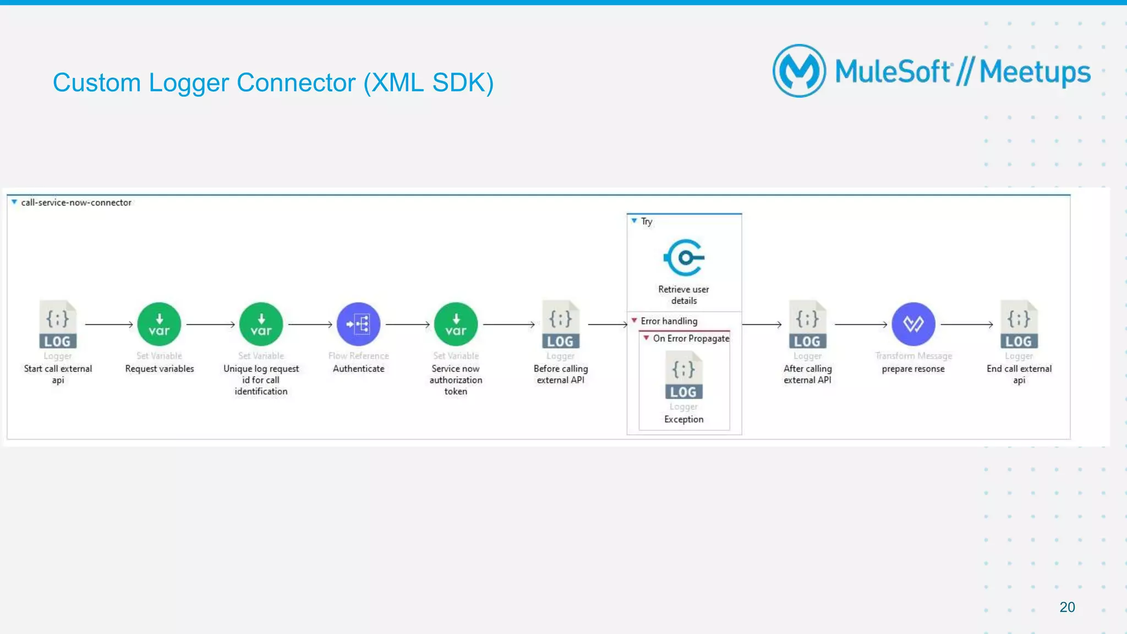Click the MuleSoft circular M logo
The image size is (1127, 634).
[799, 71]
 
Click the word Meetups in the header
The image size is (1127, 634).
[1035, 73]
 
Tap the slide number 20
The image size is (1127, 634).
[1066, 607]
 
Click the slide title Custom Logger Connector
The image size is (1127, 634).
[273, 83]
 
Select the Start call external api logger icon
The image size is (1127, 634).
[58, 324]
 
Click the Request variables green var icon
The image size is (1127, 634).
[159, 324]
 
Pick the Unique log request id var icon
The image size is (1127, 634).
[261, 324]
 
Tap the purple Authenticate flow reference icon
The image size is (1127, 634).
[358, 324]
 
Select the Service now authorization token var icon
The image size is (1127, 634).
[456, 324]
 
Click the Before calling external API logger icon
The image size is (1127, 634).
[560, 324]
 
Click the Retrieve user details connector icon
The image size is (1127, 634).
[683, 257]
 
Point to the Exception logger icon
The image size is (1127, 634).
[683, 376]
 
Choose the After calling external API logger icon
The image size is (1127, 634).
[807, 324]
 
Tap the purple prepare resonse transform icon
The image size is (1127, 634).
[913, 324]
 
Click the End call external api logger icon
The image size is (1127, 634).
[1019, 324]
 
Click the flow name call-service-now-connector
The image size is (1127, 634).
[76, 203]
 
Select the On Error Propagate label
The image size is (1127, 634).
[691, 339]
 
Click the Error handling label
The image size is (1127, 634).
[669, 321]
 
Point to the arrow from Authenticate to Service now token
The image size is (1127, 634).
[407, 325]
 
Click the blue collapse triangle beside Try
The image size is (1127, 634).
[634, 221]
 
